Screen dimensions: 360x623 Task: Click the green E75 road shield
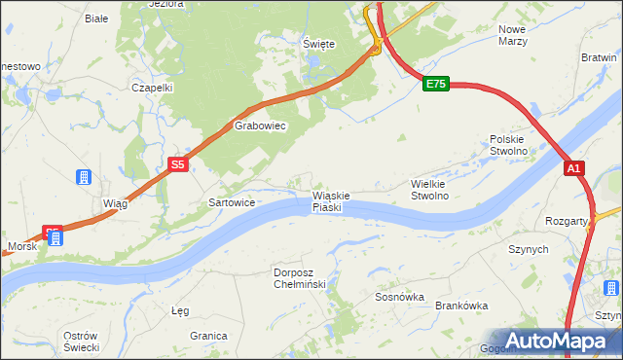[435, 85]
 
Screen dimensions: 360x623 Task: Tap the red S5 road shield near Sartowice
[177, 165]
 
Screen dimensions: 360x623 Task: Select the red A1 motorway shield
[574, 168]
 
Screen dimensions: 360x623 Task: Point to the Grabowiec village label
[259, 126]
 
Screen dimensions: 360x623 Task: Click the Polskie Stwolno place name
[507, 145]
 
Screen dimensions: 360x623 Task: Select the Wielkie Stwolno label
[443, 189]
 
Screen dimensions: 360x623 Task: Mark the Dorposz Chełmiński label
[305, 278]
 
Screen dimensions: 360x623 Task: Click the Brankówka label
[461, 305]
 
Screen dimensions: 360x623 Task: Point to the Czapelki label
[152, 87]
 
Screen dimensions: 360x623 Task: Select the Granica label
[208, 335]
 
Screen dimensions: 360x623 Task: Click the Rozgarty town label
[567, 221]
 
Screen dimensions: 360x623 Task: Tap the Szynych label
[529, 249]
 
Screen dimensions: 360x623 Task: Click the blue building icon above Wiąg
[85, 177]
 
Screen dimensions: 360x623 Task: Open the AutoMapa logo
[556, 341]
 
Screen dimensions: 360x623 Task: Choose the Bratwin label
[599, 57]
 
